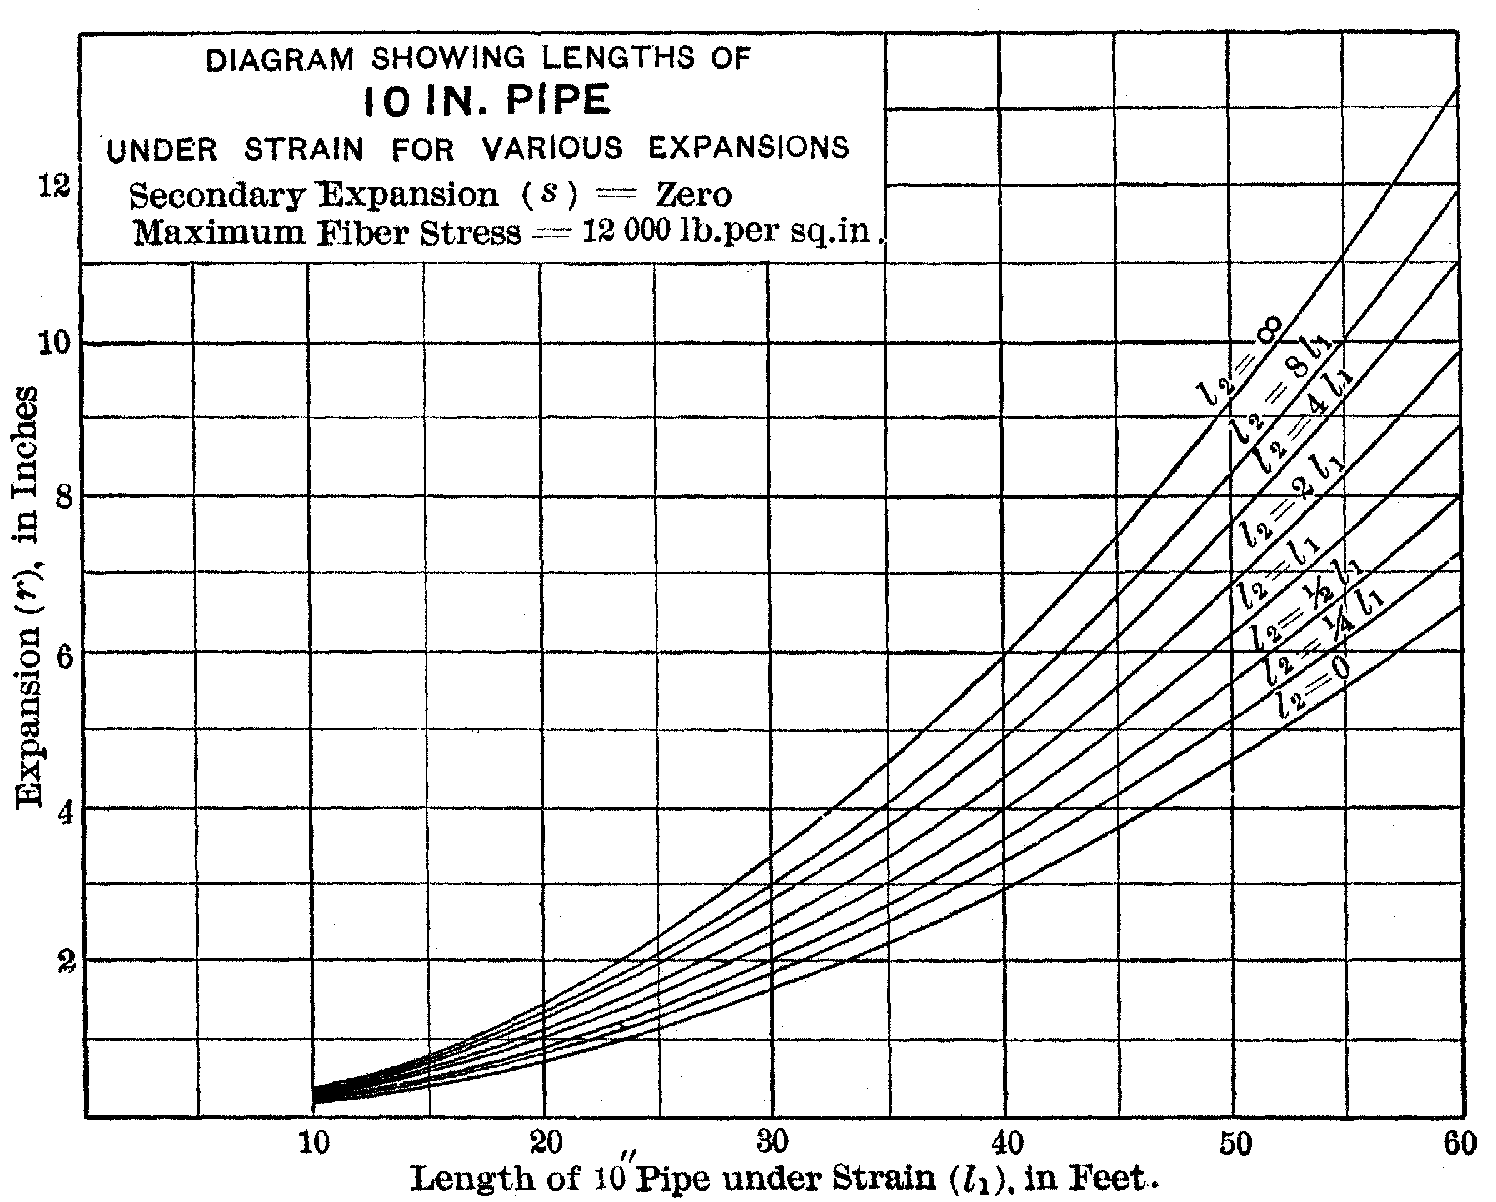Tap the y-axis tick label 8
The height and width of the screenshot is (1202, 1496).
click(x=63, y=497)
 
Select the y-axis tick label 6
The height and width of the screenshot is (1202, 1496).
click(x=63, y=656)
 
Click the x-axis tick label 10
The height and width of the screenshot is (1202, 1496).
click(x=314, y=1141)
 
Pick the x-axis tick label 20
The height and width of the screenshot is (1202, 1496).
click(x=546, y=1141)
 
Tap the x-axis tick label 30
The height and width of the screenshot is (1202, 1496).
click(x=772, y=1141)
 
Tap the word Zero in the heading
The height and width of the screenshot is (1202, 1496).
click(x=693, y=194)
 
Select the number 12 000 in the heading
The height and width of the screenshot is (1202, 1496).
click(x=626, y=231)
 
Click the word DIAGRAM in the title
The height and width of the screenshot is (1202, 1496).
click(x=279, y=61)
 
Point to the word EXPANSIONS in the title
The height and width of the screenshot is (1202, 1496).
click(x=749, y=147)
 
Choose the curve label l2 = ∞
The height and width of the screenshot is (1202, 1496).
click(x=1239, y=364)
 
